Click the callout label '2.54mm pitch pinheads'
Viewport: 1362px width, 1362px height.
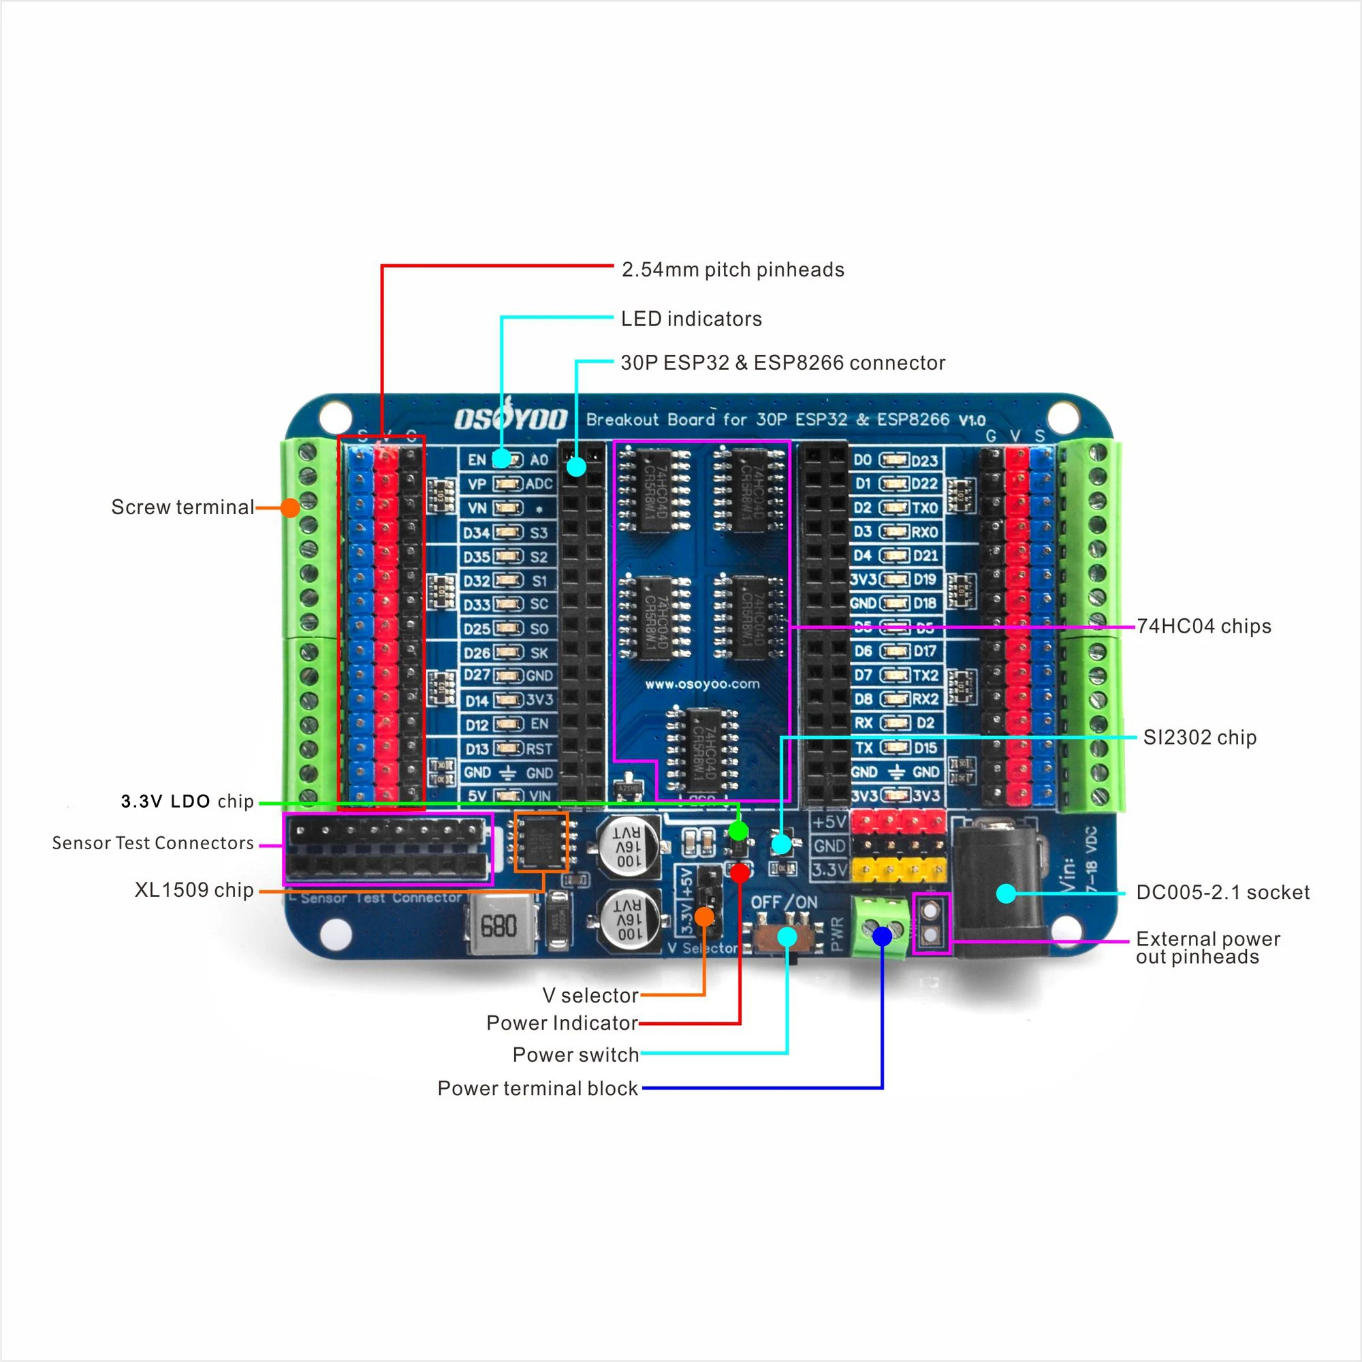click(733, 270)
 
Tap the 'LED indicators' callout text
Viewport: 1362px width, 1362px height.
click(691, 319)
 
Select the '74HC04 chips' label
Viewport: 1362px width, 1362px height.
click(1204, 627)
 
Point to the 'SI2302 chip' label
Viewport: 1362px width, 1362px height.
click(1200, 738)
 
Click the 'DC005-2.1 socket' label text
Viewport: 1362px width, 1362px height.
click(1222, 893)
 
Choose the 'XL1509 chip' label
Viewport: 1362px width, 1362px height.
click(194, 890)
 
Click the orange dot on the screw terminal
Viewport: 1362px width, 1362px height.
click(289, 507)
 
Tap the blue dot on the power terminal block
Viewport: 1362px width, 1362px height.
click(882, 936)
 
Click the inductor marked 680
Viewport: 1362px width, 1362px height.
click(499, 925)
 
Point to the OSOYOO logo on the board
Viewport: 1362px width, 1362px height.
click(510, 419)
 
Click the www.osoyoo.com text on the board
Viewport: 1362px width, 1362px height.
click(702, 684)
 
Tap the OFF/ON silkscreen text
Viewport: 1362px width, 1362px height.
click(784, 903)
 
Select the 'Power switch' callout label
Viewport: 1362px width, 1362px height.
click(575, 1056)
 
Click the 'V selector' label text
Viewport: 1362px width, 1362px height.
click(590, 996)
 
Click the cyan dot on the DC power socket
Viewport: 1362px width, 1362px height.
click(1006, 894)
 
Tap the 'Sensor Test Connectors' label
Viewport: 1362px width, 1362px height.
click(153, 843)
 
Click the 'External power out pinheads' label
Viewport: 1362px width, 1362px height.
click(1207, 948)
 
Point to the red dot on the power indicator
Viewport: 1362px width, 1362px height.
click(740, 873)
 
